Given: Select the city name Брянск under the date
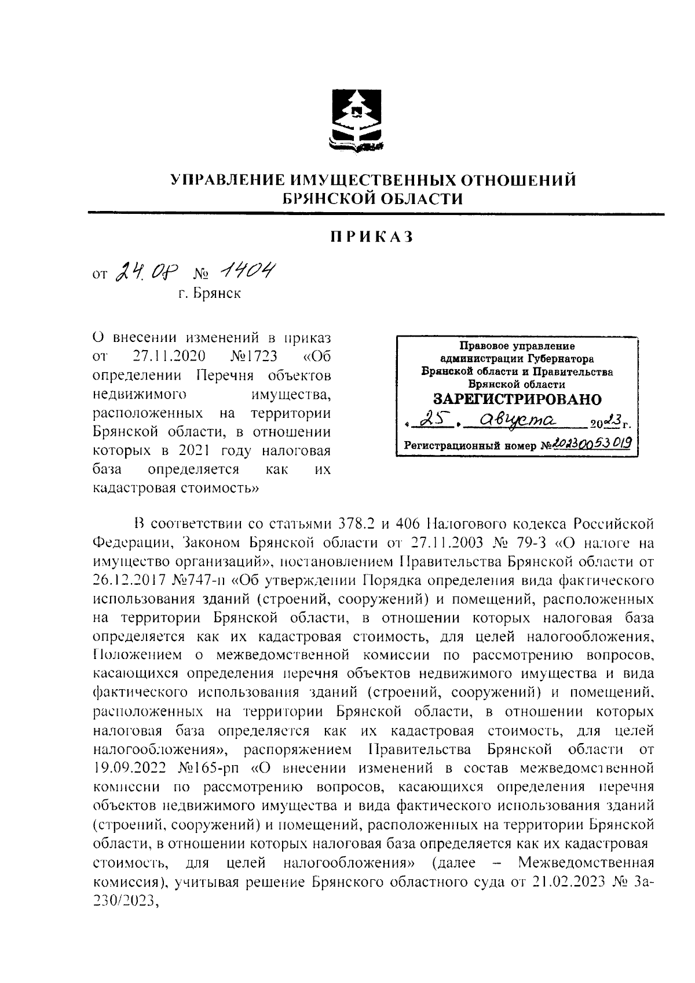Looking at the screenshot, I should tap(215, 294).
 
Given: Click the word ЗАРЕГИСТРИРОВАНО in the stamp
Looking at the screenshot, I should tap(517, 399).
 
